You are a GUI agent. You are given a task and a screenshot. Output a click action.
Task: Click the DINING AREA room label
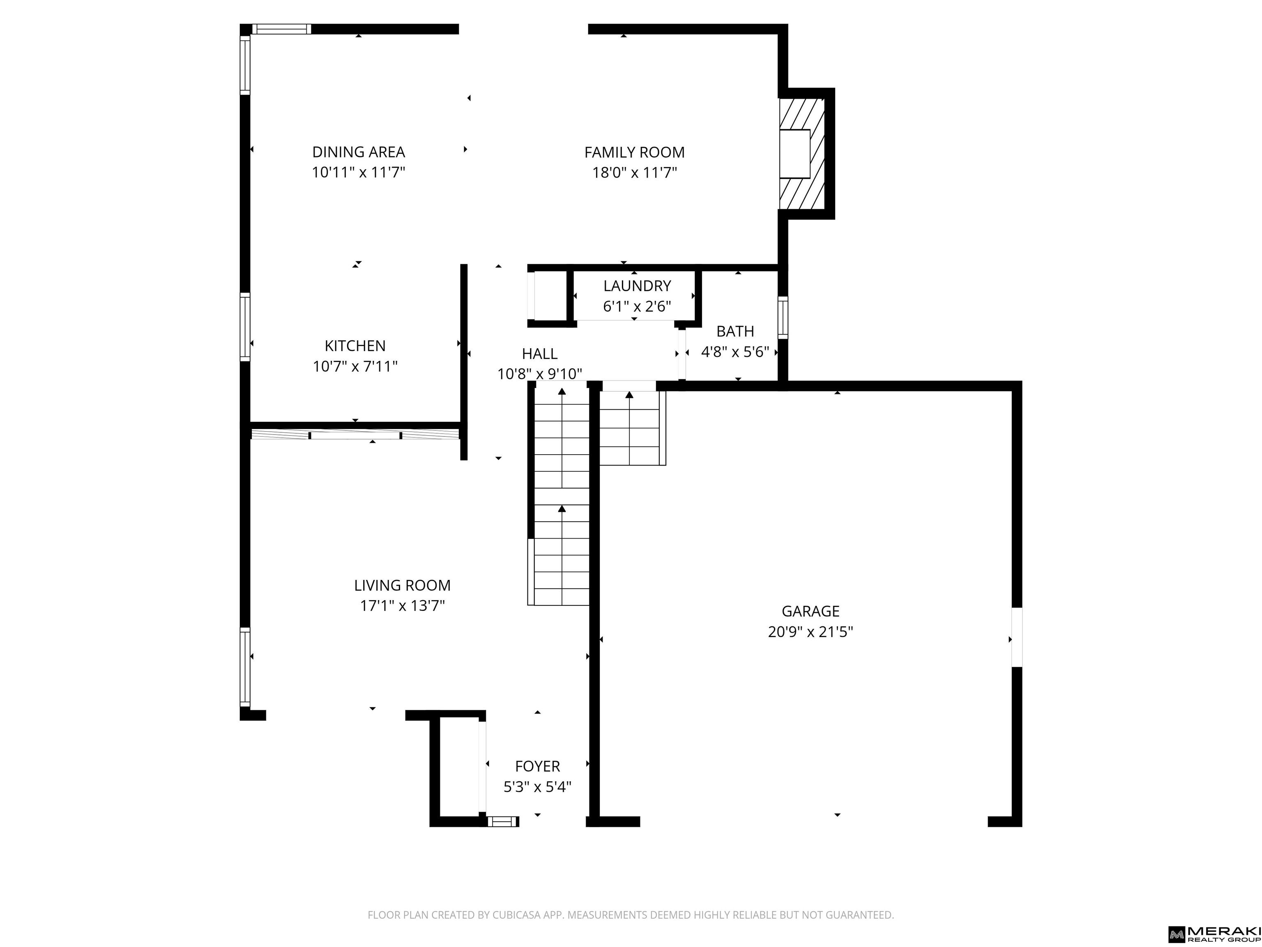pyautogui.click(x=358, y=152)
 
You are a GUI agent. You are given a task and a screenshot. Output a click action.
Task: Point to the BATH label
pyautogui.click(x=735, y=331)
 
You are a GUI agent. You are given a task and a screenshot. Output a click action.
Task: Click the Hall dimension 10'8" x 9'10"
pyautogui.click(x=540, y=374)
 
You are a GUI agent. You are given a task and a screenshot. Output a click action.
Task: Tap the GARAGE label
pyautogui.click(x=810, y=611)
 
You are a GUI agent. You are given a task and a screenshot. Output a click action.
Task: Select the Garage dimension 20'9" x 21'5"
pyautogui.click(x=810, y=632)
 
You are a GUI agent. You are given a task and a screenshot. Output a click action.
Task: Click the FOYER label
pyautogui.click(x=537, y=766)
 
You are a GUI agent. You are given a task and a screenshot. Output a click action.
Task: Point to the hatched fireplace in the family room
pyautogui.click(x=802, y=154)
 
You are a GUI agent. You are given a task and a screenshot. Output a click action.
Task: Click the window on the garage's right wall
pyautogui.click(x=1017, y=637)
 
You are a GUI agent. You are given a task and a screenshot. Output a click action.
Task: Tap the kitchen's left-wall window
pyautogui.click(x=245, y=326)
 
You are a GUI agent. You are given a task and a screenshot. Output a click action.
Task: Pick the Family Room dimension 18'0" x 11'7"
pyautogui.click(x=634, y=172)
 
